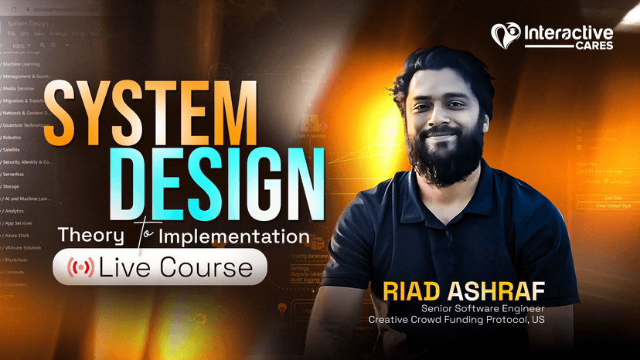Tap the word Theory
click(x=96, y=235)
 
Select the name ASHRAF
click(x=500, y=292)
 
